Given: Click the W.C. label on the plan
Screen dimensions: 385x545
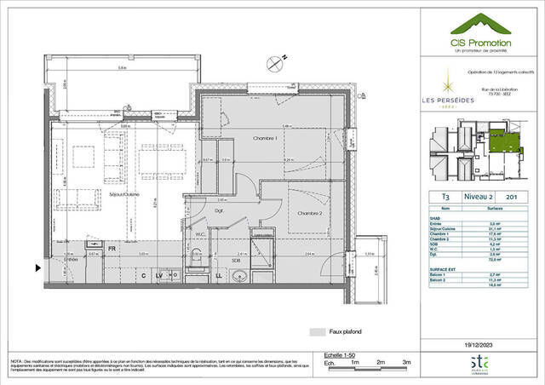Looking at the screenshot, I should click(197, 235).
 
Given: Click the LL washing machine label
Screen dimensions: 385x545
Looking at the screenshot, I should click(219, 276).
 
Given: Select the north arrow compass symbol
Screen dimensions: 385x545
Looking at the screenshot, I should click(273, 60).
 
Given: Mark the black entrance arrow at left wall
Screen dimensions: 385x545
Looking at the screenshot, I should click(36, 267).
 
